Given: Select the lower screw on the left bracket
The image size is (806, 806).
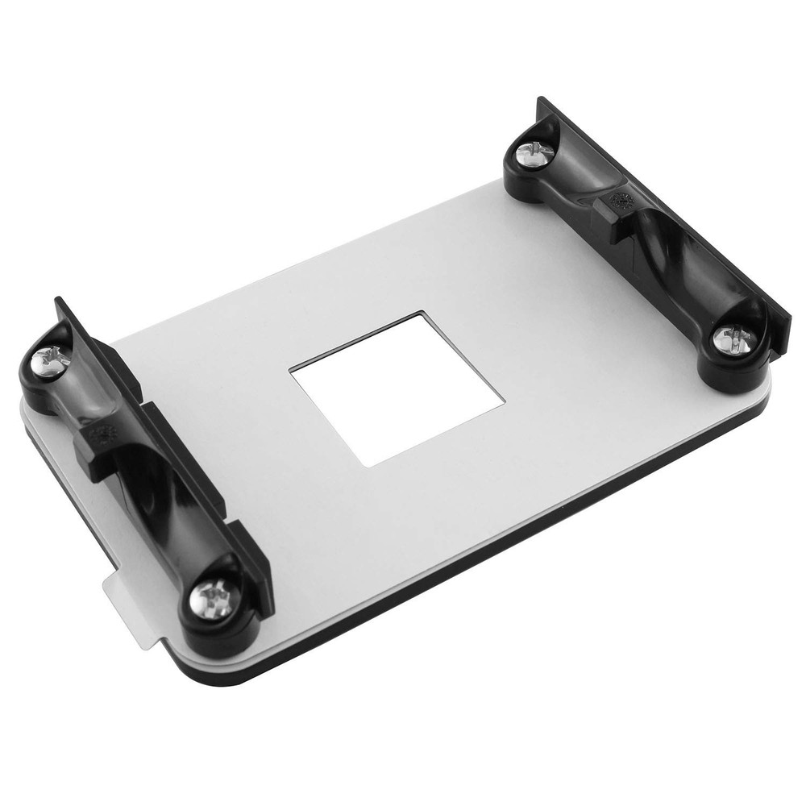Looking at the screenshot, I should (213, 598).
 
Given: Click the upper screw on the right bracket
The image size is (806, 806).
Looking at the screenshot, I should (533, 152).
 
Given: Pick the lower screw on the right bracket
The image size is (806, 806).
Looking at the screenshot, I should (733, 338).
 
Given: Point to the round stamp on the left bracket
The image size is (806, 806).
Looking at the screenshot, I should (103, 436).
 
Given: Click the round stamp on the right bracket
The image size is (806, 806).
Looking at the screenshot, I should (622, 203).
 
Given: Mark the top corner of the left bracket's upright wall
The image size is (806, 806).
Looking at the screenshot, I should (59, 301).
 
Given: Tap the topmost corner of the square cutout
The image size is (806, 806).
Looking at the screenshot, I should (419, 313).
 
